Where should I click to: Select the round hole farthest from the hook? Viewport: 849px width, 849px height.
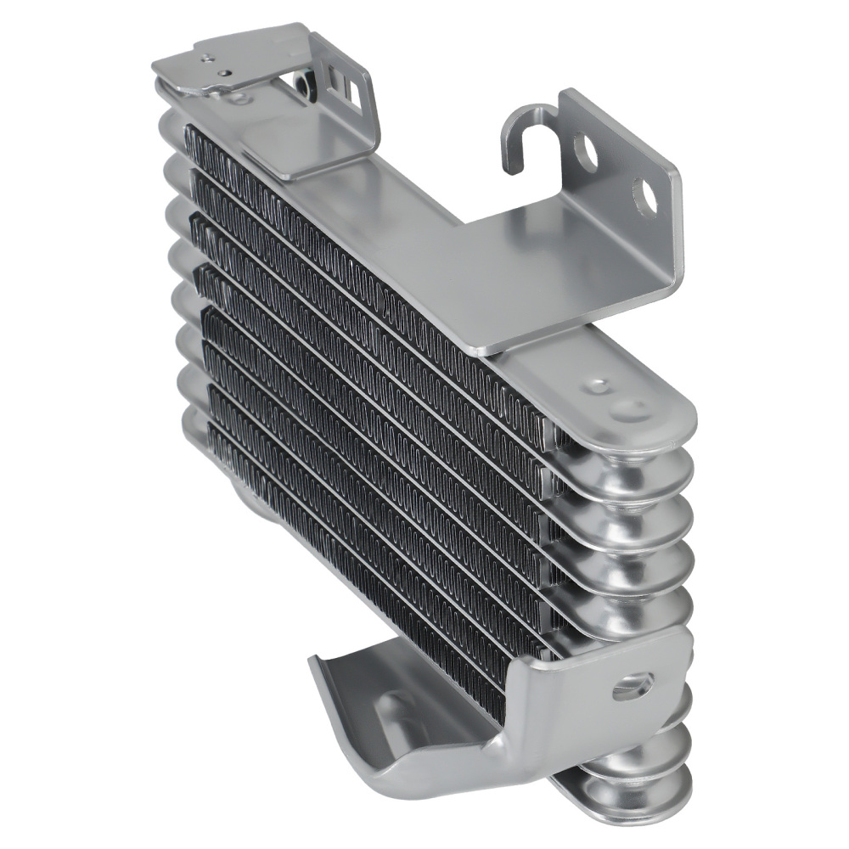click(x=644, y=197)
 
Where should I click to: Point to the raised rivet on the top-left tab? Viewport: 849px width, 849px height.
click(x=206, y=59)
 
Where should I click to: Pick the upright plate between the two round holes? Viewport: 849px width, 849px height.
click(x=616, y=174)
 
